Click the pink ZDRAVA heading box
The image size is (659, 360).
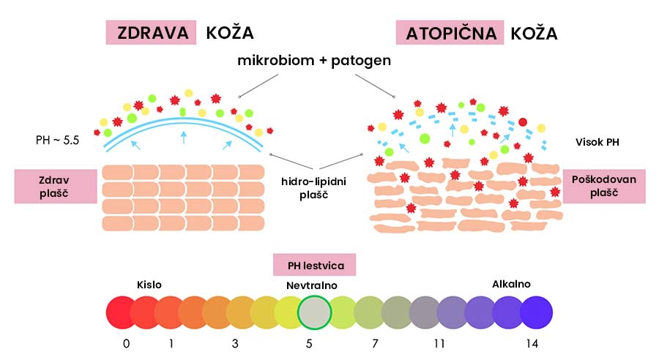(x=150, y=33)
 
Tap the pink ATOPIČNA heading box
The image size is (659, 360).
(x=450, y=33)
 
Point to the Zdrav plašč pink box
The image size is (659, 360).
(x=56, y=186)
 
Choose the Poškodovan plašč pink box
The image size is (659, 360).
(x=604, y=187)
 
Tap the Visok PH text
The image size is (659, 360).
(x=597, y=143)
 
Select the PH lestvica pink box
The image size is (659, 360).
(x=314, y=265)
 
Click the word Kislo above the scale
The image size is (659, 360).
(x=149, y=285)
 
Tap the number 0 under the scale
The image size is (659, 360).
(x=127, y=343)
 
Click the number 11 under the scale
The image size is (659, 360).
(x=440, y=343)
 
